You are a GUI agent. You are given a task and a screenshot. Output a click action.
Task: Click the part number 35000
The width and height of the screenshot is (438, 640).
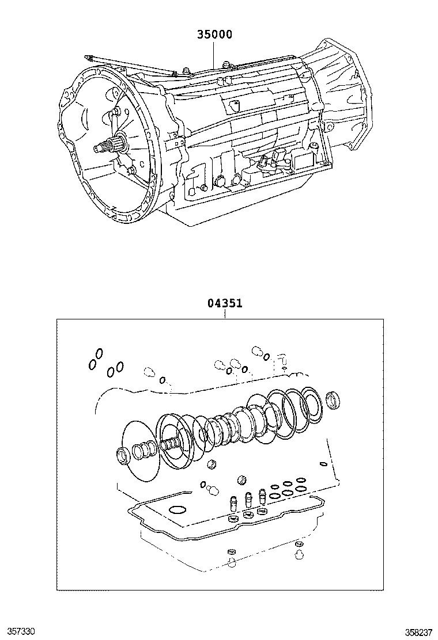(x=214, y=35)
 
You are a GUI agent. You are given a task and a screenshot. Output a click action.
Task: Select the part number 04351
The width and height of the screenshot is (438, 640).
(x=225, y=304)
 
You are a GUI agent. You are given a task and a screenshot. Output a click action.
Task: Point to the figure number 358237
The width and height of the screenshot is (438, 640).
(x=420, y=631)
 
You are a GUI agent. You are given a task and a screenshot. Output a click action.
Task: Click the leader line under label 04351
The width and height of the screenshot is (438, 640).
(x=225, y=314)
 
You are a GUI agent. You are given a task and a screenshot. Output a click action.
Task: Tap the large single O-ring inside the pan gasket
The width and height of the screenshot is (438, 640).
(x=178, y=510)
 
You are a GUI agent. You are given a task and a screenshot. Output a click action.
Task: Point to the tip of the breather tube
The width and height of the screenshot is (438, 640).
(x=87, y=56)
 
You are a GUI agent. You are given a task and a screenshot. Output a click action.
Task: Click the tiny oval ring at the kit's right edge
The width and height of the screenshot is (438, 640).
(x=323, y=464)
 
